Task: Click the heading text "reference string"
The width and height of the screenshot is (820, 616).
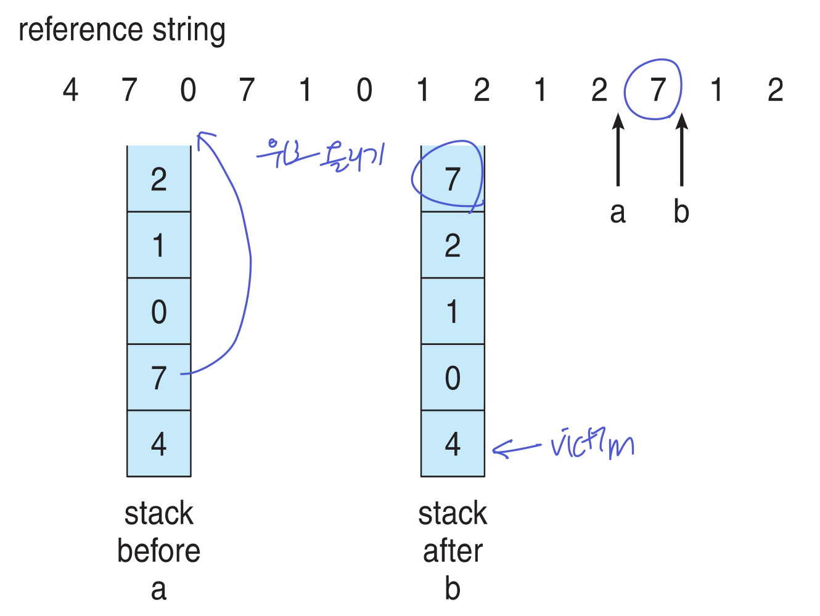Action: (x=122, y=30)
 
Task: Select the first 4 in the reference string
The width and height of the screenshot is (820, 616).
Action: (x=70, y=90)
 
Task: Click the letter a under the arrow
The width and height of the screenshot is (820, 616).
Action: (x=618, y=213)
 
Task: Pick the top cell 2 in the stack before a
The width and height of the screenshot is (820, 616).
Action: (x=159, y=179)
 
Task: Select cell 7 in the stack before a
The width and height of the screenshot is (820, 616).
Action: (x=159, y=378)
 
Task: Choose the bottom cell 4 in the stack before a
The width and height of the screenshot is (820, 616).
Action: (x=159, y=444)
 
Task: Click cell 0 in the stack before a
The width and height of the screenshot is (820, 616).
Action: (x=159, y=312)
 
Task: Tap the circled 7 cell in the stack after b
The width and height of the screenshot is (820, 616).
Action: (x=453, y=179)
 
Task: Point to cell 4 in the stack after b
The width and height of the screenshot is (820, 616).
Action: (x=453, y=444)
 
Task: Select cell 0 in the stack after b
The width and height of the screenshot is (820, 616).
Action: (x=453, y=378)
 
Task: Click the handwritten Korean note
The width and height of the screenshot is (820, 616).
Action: (x=321, y=154)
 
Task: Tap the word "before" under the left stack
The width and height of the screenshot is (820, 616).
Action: (x=159, y=551)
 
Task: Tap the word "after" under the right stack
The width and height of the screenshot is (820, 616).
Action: (x=453, y=551)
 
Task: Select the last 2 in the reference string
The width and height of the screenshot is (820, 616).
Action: (x=775, y=90)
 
